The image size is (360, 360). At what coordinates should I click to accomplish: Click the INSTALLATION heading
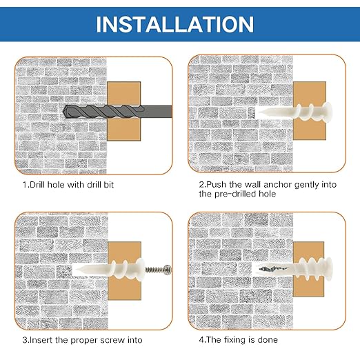174,24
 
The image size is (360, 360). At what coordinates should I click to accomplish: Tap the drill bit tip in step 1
63,112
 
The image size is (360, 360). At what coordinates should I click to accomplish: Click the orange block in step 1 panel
123,111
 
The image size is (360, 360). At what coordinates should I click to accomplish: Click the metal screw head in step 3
168,270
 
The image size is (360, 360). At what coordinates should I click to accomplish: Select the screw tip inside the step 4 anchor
260,268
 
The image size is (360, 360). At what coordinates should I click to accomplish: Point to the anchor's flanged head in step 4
328,269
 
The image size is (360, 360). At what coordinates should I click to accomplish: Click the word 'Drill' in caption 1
38,185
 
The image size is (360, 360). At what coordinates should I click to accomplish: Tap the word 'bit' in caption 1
109,185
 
